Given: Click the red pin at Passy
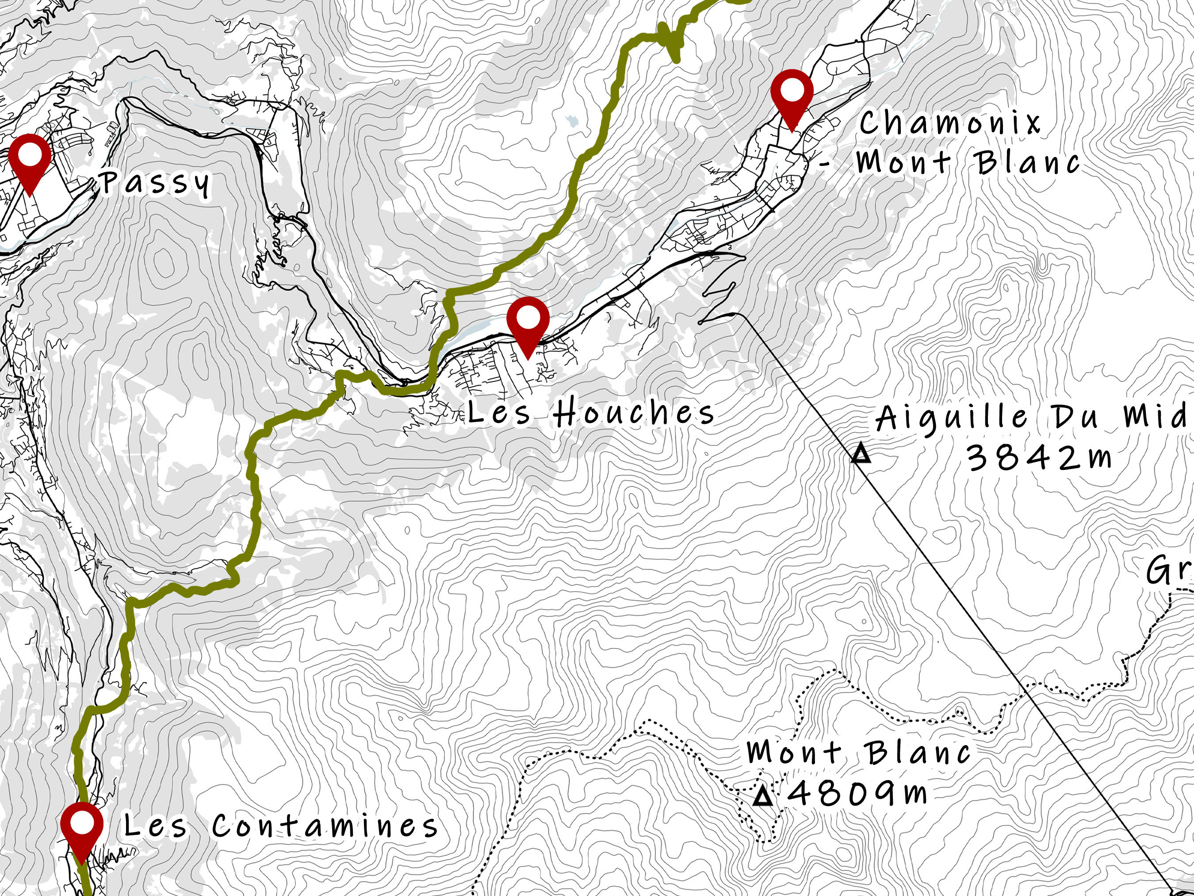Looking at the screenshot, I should coord(30,157).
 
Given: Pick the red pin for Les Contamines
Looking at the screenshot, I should coord(81,825).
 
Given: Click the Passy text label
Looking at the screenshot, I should coord(156,184).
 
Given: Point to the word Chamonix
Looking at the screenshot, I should coord(950,123).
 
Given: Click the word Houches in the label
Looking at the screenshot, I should coord(634,413).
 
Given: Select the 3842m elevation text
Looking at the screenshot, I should coord(1039,458).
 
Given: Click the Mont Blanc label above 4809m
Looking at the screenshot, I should coord(858,752).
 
